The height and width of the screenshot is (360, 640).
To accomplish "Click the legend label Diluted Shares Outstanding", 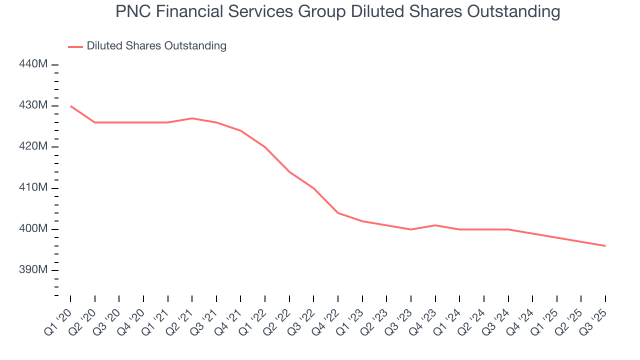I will (x=156, y=46).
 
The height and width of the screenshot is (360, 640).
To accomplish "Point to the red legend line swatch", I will (x=75, y=46).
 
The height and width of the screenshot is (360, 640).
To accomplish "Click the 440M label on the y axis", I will (x=33, y=64).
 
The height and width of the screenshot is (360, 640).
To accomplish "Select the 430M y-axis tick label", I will (x=33, y=105).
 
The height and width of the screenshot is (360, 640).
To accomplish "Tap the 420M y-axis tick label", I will (x=33, y=147).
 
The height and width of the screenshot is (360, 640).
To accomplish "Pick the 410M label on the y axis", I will (x=33, y=188).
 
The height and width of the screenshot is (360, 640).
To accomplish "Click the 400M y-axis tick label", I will (x=33, y=229).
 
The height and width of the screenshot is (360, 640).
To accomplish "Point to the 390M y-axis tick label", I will (x=33, y=270).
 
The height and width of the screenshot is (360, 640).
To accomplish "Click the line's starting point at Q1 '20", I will (x=70, y=106).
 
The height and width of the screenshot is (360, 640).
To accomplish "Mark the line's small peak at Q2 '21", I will (x=192, y=118).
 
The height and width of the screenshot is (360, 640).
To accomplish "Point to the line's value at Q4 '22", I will (x=338, y=213).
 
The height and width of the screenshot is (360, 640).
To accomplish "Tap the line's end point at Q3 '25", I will (x=605, y=246).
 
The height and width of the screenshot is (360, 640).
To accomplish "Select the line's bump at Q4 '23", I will (x=435, y=225).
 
